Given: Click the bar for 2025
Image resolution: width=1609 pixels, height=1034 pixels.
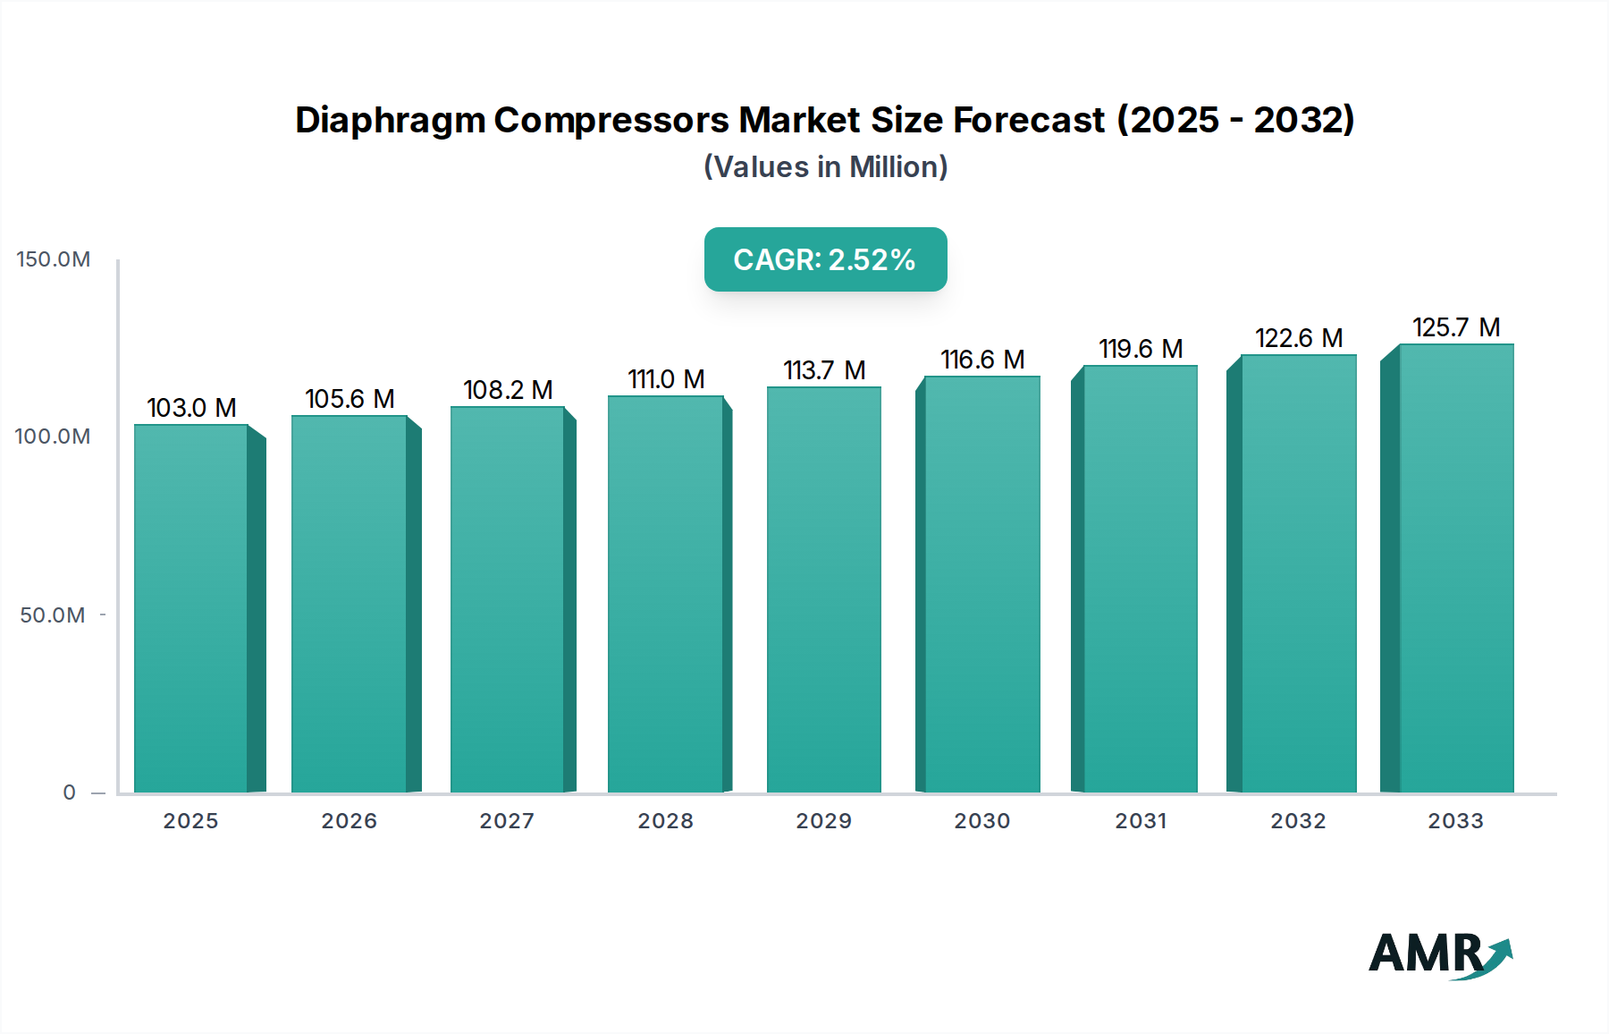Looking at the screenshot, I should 191,608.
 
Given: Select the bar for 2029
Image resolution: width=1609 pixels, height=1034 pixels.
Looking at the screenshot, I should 824,590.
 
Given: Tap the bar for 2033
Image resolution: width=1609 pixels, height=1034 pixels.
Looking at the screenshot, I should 1456,569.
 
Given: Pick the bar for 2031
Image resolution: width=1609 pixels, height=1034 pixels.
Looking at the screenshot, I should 1140,580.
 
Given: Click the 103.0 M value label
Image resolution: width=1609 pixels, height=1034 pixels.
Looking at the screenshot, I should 191,408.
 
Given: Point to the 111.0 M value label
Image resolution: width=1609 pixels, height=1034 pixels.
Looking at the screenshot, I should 666,379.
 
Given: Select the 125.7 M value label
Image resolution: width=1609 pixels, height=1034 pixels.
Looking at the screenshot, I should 1456,327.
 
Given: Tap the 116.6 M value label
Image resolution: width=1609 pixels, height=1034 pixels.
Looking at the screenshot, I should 982,360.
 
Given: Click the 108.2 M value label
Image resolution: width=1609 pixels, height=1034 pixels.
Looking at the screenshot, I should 508,390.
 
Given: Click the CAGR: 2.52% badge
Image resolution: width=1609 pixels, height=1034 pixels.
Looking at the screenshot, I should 825,259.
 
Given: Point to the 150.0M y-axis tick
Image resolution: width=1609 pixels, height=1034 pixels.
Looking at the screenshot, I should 54,259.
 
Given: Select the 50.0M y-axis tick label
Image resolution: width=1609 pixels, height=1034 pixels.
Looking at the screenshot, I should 53,615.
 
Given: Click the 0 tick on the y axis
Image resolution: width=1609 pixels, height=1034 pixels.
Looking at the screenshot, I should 69,792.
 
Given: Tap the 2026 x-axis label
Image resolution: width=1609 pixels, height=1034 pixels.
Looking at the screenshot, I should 350,821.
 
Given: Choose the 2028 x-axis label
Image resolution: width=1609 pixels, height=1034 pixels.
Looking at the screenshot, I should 666,821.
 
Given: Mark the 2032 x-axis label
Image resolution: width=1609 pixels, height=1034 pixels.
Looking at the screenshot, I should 1299,821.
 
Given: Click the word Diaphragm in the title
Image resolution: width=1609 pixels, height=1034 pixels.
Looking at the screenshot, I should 390,120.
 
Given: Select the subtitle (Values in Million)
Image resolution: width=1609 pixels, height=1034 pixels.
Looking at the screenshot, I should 825,167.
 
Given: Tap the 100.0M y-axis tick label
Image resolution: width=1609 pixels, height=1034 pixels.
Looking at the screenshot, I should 53,436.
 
